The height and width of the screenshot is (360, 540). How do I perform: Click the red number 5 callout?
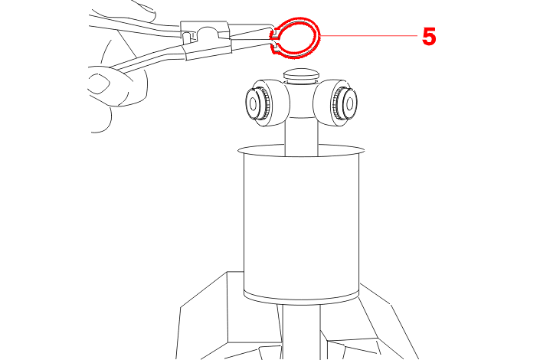click(429, 37)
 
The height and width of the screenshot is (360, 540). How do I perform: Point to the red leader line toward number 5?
click(369, 35)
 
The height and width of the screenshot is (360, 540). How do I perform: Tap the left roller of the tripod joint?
click(267, 103)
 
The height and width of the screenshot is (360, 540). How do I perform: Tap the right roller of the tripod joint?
click(335, 103)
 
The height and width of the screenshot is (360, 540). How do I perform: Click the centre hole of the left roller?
click(253, 103)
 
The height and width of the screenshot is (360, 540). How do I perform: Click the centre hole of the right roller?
click(349, 103)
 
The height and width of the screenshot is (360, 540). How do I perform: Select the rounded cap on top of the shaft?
click(301, 75)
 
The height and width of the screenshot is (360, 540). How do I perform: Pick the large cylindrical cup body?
click(301, 224)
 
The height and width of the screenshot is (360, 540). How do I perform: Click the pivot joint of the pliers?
click(206, 35)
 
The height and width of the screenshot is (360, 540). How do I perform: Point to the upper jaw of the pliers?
click(251, 29)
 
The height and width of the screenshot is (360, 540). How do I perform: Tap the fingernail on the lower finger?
click(99, 83)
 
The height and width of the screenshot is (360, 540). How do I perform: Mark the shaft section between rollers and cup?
click(301, 136)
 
